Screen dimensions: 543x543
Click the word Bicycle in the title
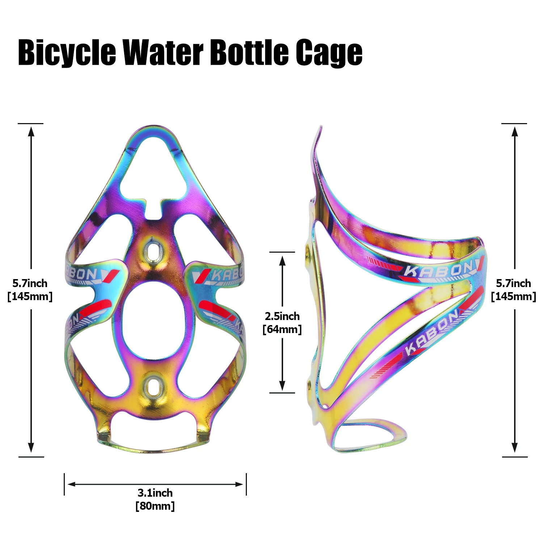pyautogui.click(x=67, y=53)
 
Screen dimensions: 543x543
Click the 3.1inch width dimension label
pyautogui.click(x=155, y=493)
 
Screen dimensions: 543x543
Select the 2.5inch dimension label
pyautogui.click(x=282, y=316)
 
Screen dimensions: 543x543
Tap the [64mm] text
pyautogui.click(x=282, y=329)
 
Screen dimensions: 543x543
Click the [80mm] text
pyautogui.click(x=155, y=506)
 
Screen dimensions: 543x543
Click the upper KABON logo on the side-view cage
pyautogui.click(x=438, y=270)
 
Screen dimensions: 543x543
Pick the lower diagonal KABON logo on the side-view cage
pyautogui.click(x=431, y=333)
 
